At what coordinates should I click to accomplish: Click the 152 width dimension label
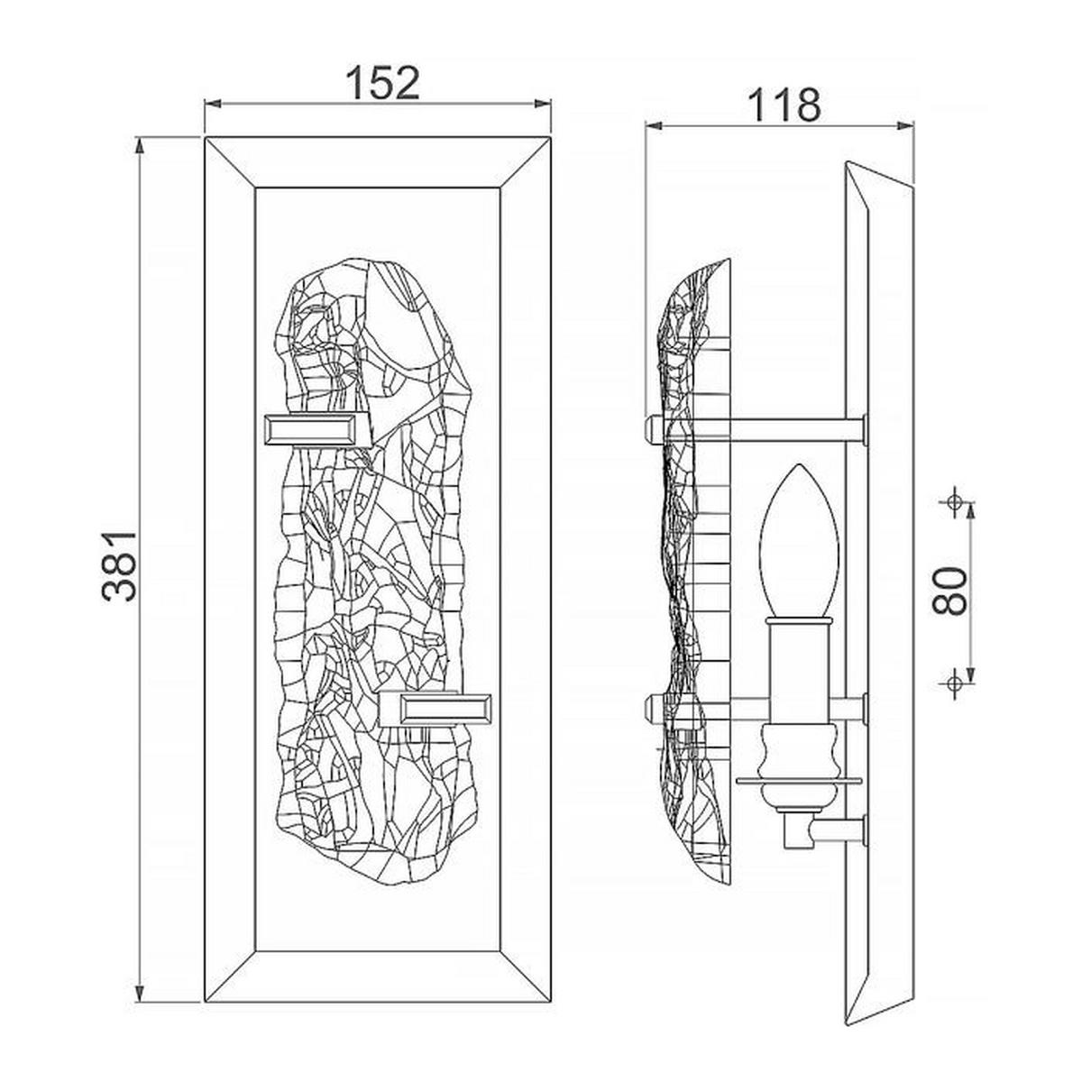(x=383, y=84)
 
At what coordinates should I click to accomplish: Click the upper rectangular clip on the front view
(x=317, y=431)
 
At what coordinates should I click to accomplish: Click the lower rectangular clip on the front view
(x=435, y=710)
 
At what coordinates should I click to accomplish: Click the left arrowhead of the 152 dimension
(x=213, y=104)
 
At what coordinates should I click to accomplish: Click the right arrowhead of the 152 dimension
(x=542, y=104)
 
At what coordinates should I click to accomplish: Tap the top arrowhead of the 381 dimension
(x=141, y=147)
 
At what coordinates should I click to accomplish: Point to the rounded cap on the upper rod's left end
(x=654, y=431)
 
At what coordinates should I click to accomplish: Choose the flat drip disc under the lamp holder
(x=799, y=781)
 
